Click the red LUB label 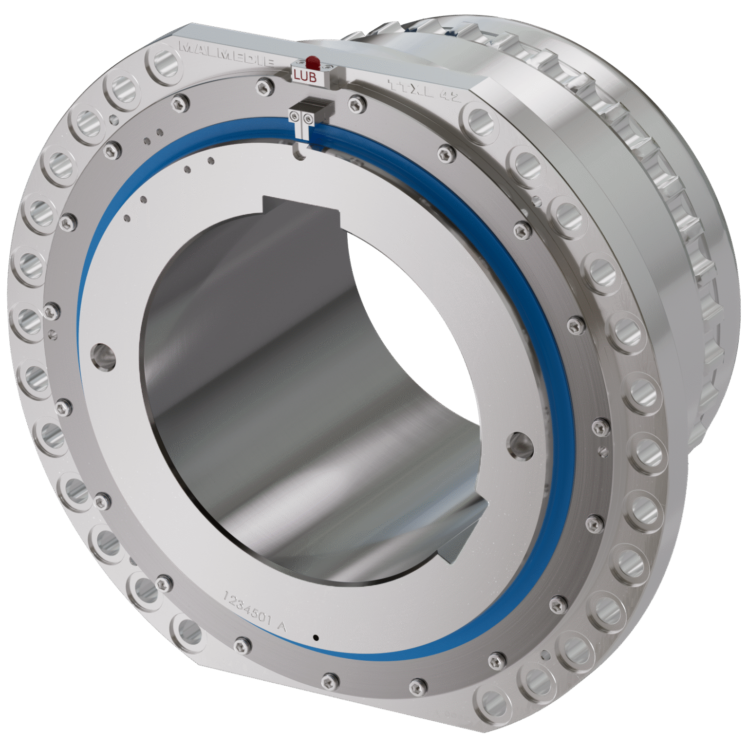tap(305, 77)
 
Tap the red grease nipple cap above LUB tap(312, 62)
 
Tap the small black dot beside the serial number tap(316, 637)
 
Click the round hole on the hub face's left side tap(103, 356)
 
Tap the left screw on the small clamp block tap(295, 116)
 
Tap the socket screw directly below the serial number tap(242, 646)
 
